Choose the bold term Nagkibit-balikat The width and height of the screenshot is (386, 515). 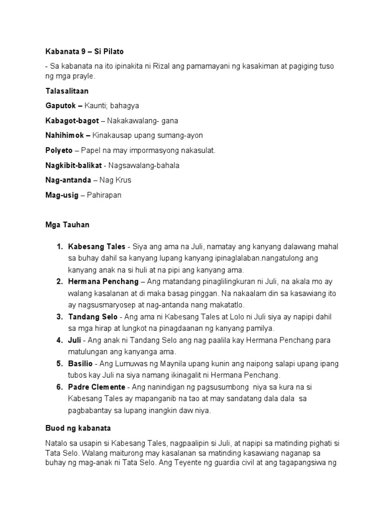pos(72,165)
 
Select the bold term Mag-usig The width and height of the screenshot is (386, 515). pos(62,195)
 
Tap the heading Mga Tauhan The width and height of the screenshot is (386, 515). pos(67,225)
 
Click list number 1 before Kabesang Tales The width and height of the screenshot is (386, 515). pos(59,246)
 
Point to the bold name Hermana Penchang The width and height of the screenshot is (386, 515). pos(101,281)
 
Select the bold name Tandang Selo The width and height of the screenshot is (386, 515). pos(92,317)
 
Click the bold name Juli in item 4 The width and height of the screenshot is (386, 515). pos(74,340)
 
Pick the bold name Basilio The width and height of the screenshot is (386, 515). pos(80,363)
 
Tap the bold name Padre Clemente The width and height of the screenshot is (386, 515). pos(97,387)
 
